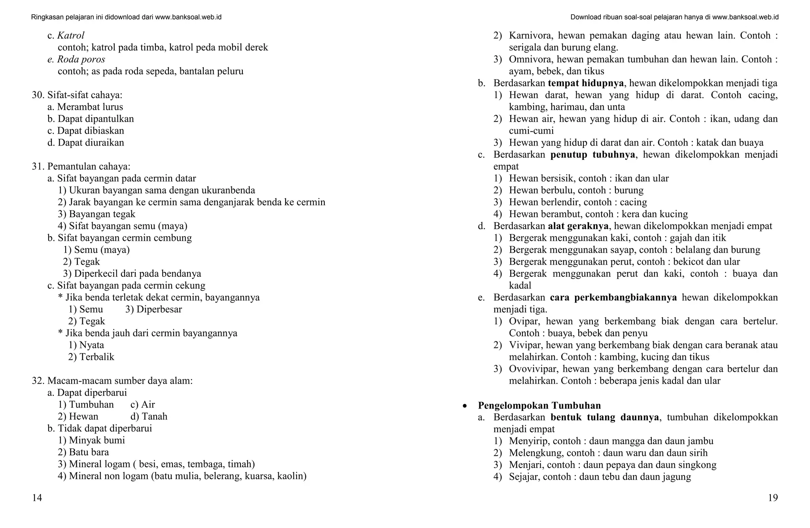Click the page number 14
(37, 498)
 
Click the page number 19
(772, 498)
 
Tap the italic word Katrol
(71, 36)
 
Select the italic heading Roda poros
(81, 59)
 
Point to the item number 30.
(38, 95)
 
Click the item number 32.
(38, 381)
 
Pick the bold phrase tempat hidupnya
(586, 83)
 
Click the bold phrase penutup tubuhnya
(592, 155)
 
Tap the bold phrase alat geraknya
(578, 226)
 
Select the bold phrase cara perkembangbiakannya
(613, 297)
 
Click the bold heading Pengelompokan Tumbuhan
(539, 405)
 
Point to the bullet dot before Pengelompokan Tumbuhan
(465, 406)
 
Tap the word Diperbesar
(159, 309)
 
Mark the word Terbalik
(97, 357)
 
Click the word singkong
(698, 465)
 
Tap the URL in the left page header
(188, 17)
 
